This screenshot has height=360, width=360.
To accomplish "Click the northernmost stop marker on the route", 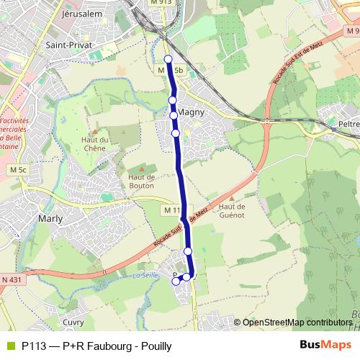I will [x=168, y=59].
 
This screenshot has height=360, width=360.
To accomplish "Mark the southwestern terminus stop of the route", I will [x=175, y=282].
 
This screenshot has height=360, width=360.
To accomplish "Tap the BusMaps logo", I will [x=325, y=344].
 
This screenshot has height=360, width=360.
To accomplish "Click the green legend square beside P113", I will [x=9, y=345].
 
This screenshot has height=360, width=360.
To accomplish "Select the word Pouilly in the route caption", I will [x=156, y=345].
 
